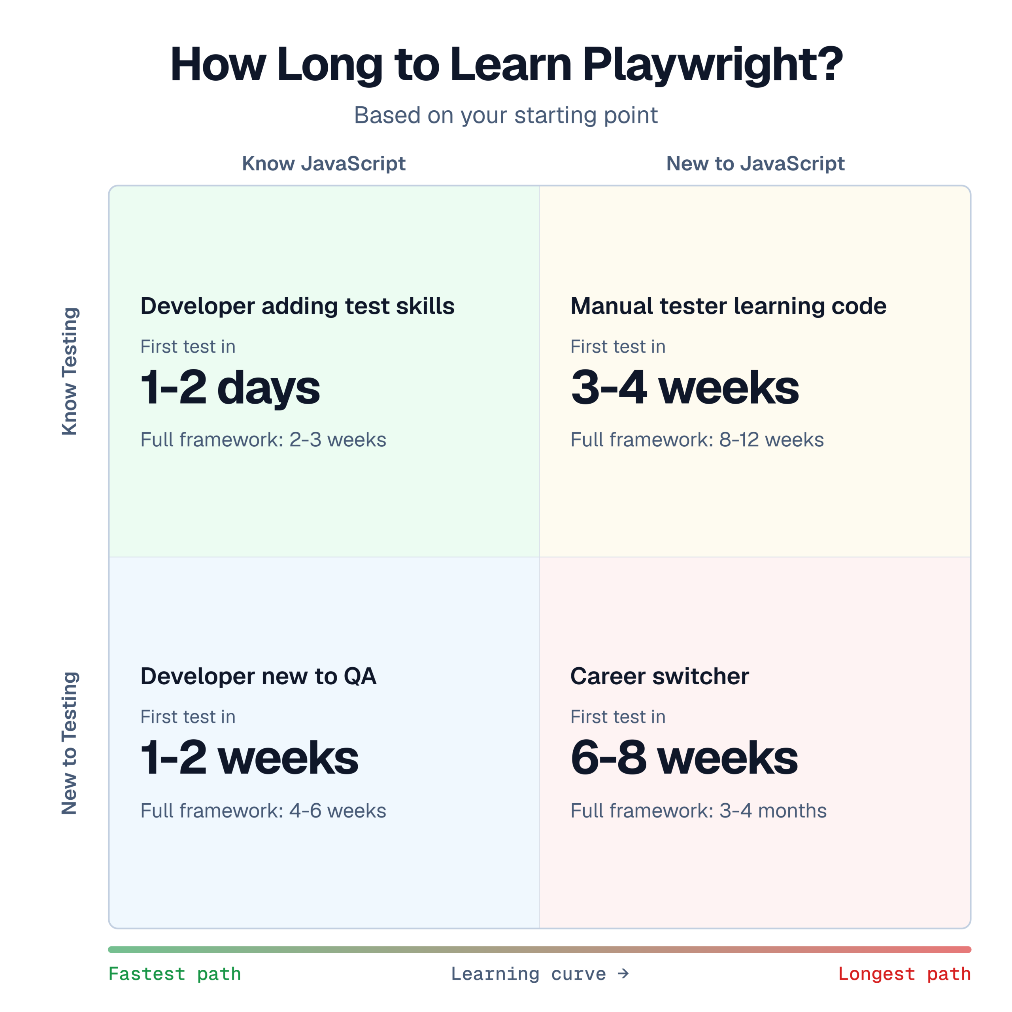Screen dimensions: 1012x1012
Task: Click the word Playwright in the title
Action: tap(713, 65)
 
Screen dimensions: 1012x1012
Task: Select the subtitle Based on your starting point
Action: tap(506, 115)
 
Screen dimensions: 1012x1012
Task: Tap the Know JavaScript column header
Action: tap(324, 163)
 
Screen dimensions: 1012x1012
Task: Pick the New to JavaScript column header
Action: tap(755, 163)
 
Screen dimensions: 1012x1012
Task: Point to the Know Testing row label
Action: tap(70, 371)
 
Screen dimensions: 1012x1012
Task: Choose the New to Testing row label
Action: tap(70, 743)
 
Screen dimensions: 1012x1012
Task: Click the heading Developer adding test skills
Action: tap(298, 306)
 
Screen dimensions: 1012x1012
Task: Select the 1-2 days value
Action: tap(230, 388)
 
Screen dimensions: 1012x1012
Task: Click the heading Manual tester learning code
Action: tap(729, 306)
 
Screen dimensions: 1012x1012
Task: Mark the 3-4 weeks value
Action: tap(685, 388)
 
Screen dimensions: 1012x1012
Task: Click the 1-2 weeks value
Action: tap(250, 758)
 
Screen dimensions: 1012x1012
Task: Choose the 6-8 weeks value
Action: tap(685, 758)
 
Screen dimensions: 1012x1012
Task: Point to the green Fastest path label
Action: tap(174, 974)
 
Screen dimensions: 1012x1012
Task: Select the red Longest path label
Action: tap(904, 974)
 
